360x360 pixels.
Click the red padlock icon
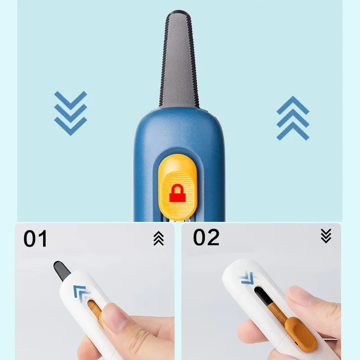[x=177, y=193]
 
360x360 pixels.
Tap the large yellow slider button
[x=178, y=187]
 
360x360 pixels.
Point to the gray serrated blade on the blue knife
[x=179, y=60]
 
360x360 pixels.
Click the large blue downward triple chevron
[x=71, y=113]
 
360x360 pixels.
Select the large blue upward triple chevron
[x=293, y=118]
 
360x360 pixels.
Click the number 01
[x=36, y=239]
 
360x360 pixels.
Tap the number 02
[x=206, y=237]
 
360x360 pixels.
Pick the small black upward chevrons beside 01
[x=159, y=238]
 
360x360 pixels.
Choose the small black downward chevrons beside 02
[x=326, y=236]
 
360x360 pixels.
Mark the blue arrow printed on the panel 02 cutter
[x=247, y=278]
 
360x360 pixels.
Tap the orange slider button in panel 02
[x=301, y=334]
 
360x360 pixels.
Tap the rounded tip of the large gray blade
[x=179, y=12]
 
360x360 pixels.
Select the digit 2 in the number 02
[x=213, y=237]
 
